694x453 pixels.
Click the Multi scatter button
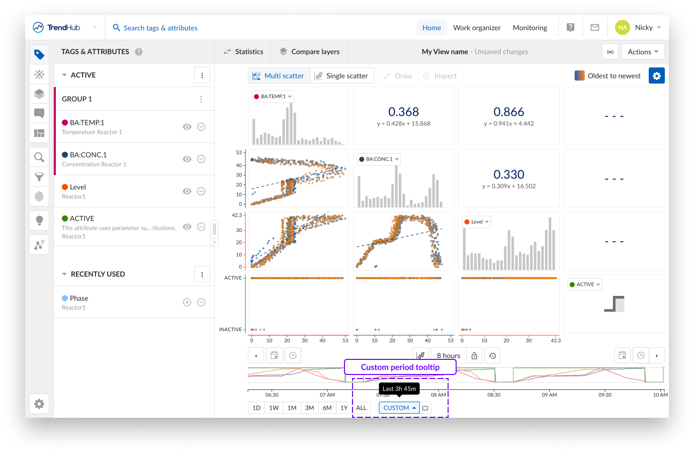279,75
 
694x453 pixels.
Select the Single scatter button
341,75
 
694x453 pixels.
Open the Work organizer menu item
477,28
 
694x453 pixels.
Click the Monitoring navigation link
530,28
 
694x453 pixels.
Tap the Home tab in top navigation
431,28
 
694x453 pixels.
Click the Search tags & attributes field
160,28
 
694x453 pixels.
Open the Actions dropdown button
643,52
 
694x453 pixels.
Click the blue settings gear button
656,75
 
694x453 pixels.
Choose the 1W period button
274,408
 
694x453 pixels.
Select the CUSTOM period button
399,408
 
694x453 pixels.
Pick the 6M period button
327,408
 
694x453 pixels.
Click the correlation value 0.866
508,112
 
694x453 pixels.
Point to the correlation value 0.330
508,175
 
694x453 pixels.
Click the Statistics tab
243,52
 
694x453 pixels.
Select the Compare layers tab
309,52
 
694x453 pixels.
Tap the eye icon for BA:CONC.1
187,159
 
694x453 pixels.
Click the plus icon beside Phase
187,302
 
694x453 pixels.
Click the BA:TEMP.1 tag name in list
87,122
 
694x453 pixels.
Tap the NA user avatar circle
622,28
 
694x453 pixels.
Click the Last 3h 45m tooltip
399,389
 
